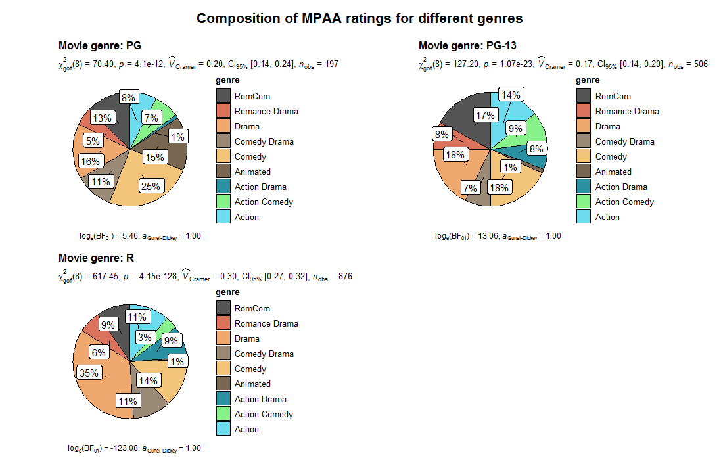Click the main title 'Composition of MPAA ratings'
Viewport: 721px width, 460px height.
pyautogui.click(x=360, y=18)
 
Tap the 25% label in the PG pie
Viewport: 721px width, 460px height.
pyautogui.click(x=151, y=186)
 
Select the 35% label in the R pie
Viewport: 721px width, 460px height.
pyautogui.click(x=89, y=373)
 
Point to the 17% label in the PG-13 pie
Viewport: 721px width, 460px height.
pyautogui.click(x=484, y=116)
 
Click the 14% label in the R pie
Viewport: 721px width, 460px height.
pyautogui.click(x=148, y=380)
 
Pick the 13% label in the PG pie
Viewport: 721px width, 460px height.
pyautogui.click(x=101, y=118)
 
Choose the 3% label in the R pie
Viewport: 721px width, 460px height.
pyautogui.click(x=145, y=338)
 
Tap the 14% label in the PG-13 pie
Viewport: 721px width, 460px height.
pyautogui.click(x=510, y=95)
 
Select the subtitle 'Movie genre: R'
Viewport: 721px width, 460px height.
pyautogui.click(x=96, y=258)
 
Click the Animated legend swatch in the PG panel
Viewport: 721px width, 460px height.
pyautogui.click(x=223, y=172)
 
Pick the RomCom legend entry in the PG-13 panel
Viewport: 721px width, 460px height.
pyautogui.click(x=613, y=96)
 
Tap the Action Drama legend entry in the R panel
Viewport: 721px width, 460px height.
pyautogui.click(x=256, y=399)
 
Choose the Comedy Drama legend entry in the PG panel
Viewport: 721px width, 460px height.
pyautogui.click(x=264, y=141)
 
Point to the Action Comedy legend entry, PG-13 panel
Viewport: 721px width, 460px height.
pyautogui.click(x=624, y=202)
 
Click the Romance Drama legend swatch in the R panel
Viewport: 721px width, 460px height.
pyautogui.click(x=223, y=323)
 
